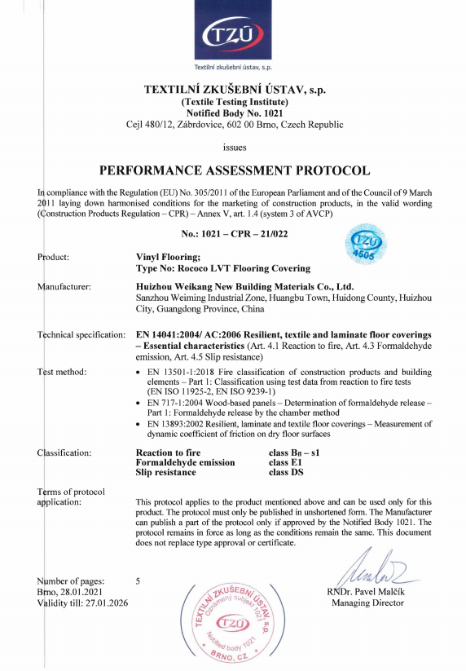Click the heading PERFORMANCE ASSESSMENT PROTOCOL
click(x=234, y=171)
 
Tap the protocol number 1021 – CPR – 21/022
click(x=235, y=234)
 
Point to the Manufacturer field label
click(x=64, y=286)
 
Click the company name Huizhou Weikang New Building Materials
click(x=244, y=286)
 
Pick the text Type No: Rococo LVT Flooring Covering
click(x=222, y=267)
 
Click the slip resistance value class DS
click(x=286, y=472)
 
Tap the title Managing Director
click(x=367, y=603)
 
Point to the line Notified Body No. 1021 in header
click(x=234, y=113)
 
